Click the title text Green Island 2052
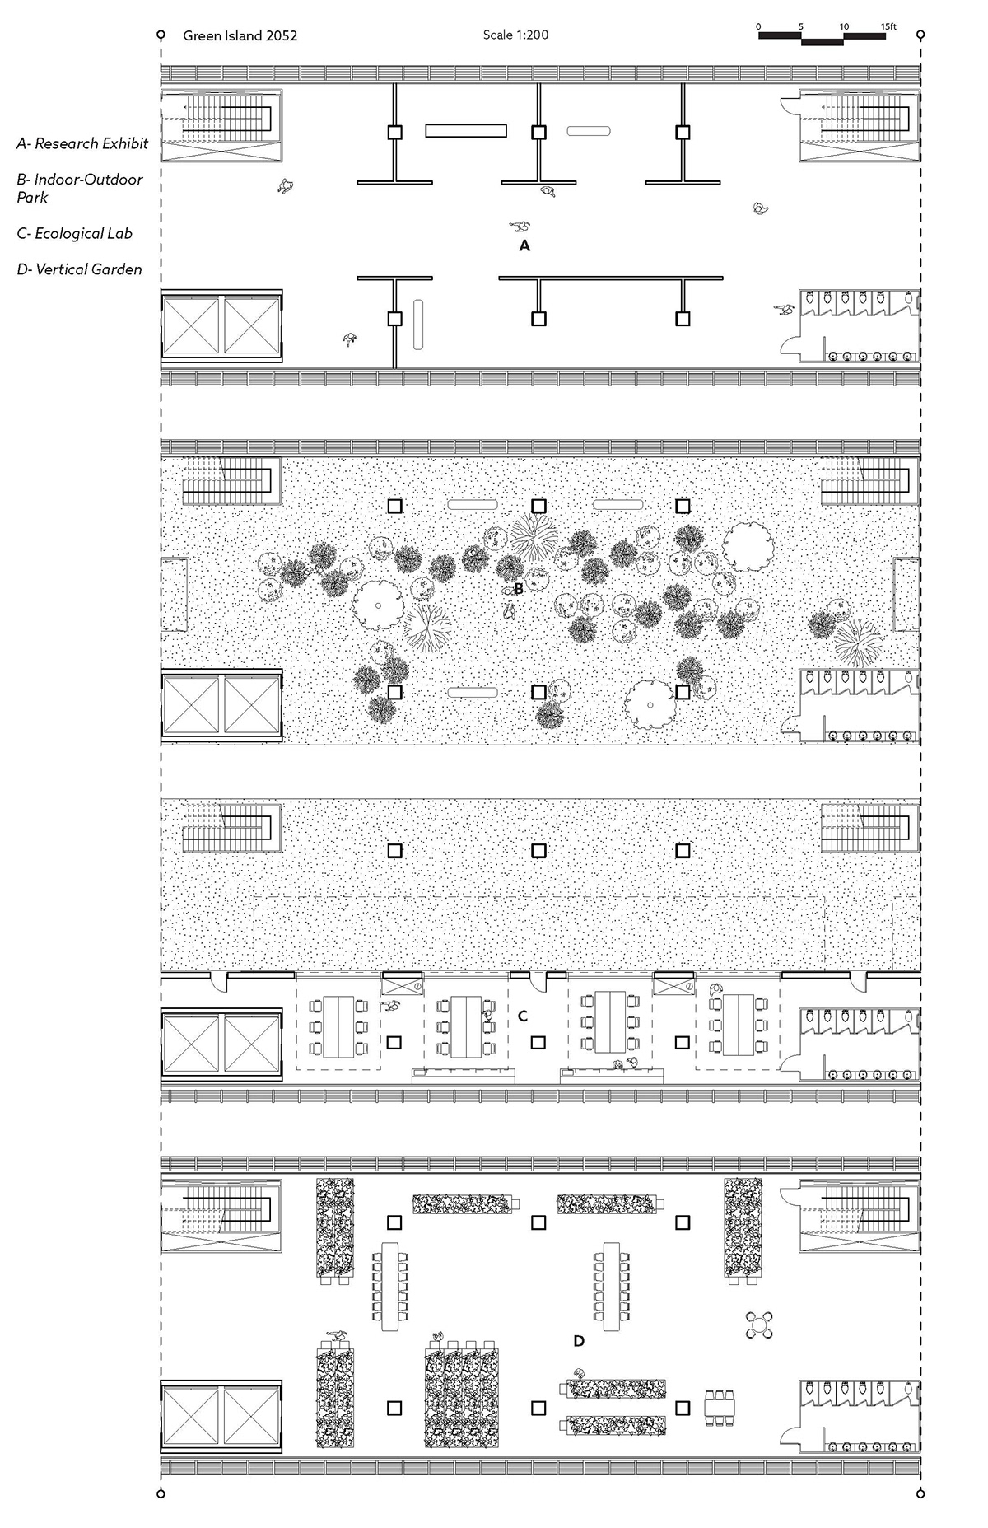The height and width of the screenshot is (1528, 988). click(240, 35)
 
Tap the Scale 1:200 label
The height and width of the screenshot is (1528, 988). click(515, 35)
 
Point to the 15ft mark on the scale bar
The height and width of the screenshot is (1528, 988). click(888, 26)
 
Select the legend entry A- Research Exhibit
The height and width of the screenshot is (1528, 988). click(82, 143)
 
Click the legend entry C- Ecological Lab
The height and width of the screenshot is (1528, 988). click(74, 233)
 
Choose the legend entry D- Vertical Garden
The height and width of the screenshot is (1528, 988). click(79, 269)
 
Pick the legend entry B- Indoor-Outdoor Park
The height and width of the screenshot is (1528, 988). click(79, 188)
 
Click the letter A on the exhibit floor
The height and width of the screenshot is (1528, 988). click(524, 245)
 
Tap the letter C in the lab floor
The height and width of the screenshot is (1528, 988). click(522, 1016)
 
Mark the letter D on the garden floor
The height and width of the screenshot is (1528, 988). click(579, 1342)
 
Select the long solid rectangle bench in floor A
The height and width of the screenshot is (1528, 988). click(466, 131)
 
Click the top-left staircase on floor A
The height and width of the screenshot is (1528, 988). click(221, 124)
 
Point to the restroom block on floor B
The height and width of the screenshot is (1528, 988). click(859, 704)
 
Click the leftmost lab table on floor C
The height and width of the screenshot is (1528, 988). click(338, 1026)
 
